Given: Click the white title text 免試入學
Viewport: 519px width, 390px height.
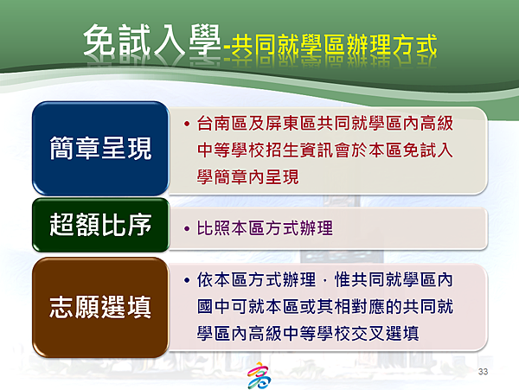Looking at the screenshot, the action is click(152, 40).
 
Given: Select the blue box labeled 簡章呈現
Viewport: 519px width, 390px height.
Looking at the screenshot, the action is click(100, 148).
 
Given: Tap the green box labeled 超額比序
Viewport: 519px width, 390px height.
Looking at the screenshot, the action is click(100, 225).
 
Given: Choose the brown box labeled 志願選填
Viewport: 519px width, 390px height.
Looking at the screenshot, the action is click(100, 307).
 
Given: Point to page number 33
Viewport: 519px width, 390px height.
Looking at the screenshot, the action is click(483, 372).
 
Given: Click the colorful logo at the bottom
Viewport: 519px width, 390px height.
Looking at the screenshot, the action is click(259, 375).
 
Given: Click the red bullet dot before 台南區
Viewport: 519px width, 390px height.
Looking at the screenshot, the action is click(187, 124).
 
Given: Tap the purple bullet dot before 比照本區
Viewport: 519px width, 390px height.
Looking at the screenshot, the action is click(187, 228).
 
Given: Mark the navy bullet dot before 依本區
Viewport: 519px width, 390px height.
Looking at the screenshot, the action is click(187, 280).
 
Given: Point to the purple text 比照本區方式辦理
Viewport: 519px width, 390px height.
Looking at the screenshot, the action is click(265, 228).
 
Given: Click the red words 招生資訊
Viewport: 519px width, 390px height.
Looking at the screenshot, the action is click(299, 150).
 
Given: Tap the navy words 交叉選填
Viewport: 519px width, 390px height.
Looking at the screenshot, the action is click(385, 333).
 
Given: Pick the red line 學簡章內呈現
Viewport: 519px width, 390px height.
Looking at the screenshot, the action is click(248, 177).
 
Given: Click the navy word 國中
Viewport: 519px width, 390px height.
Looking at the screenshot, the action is click(214, 307).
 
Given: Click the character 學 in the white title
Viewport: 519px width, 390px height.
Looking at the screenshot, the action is click(205, 40).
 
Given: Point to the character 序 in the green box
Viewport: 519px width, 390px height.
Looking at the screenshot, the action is click(139, 225).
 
